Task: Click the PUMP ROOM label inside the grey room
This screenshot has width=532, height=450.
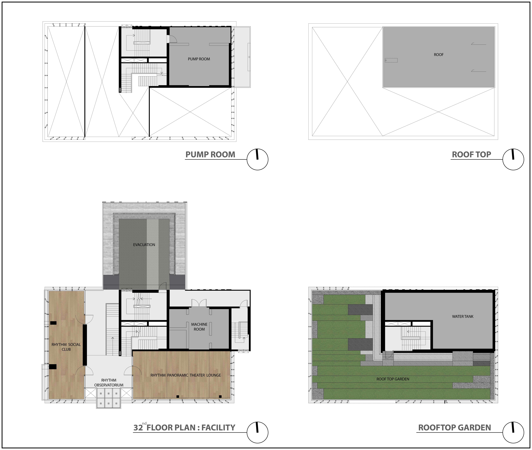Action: [199, 59]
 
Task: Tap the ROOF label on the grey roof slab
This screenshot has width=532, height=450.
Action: [439, 55]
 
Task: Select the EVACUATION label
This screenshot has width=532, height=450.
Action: [144, 245]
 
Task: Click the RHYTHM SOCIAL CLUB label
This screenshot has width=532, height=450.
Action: [66, 347]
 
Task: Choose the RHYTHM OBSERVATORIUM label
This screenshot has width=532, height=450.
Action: [109, 383]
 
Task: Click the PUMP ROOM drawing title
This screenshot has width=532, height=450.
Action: [210, 155]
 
